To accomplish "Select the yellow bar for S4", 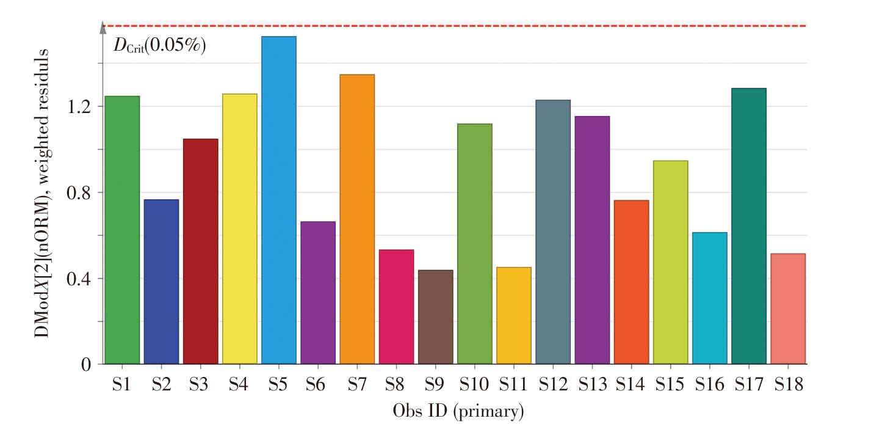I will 240,229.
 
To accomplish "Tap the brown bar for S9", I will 436,317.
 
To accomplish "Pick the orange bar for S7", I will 357,219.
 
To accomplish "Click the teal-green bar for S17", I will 749,226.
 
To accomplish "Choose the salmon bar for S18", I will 788,309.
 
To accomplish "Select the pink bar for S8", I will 396,307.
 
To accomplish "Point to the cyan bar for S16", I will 710,298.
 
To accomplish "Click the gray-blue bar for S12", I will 553,232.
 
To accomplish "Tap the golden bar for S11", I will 514,316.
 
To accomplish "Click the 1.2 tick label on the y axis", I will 81,107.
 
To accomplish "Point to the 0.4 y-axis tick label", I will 81,279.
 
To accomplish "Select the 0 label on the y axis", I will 87,365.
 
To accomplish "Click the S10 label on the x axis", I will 474,385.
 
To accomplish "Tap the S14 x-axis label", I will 631,385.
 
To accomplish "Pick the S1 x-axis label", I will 122,385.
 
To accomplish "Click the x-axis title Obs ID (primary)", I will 458,411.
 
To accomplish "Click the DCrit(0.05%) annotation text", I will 160,46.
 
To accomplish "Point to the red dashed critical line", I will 458,26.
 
